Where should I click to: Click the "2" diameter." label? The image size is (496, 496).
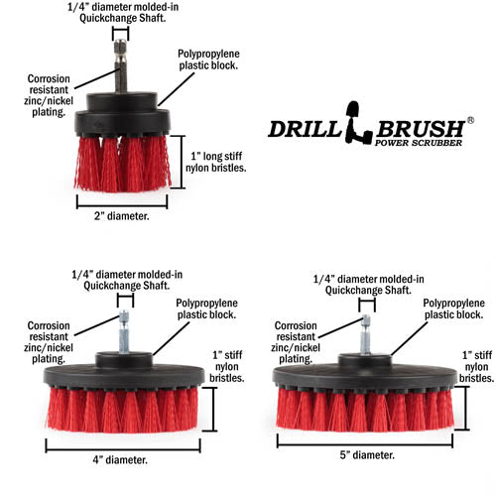[122, 216]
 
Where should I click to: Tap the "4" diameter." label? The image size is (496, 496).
[120, 460]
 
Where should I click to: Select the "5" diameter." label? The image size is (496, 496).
[367, 455]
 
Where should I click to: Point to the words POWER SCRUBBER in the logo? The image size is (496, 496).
[419, 143]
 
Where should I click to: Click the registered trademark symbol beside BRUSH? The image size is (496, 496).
[470, 120]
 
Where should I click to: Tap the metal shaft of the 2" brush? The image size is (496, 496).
[120, 66]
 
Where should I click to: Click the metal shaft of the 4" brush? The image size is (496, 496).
[124, 331]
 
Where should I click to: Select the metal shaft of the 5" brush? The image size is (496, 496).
[365, 334]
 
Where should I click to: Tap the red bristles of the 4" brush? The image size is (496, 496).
[123, 410]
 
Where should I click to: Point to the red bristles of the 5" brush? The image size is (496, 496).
[365, 410]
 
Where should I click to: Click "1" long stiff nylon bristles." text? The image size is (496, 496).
[216, 162]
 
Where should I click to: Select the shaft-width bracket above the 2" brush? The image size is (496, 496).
[120, 34]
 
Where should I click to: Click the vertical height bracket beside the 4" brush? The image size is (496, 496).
[210, 410]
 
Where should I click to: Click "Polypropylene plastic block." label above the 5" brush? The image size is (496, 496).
[453, 309]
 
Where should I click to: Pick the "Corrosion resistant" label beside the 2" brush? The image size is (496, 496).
[49, 84]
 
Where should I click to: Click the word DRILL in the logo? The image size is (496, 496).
[306, 129]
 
